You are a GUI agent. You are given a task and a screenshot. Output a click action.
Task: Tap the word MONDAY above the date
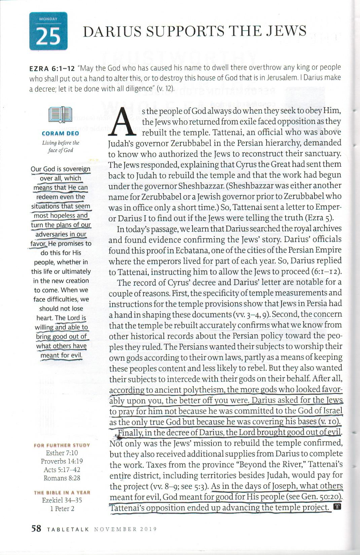(48, 19)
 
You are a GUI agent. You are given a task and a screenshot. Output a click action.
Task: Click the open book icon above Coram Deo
(60, 115)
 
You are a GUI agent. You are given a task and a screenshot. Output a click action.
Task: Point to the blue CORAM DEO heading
(61, 134)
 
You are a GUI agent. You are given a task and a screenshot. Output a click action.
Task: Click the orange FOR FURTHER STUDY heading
(62, 445)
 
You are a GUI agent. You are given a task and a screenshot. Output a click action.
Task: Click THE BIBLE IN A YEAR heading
(62, 493)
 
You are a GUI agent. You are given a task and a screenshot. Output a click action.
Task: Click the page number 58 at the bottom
(36, 529)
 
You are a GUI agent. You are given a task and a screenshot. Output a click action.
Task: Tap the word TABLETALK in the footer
(69, 529)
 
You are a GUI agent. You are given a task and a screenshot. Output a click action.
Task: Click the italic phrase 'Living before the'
(61, 143)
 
